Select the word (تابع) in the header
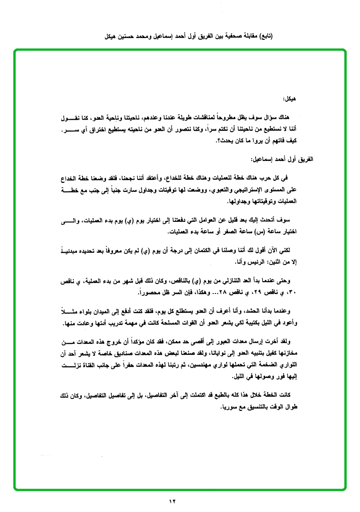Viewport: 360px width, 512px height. (x=266, y=36)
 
